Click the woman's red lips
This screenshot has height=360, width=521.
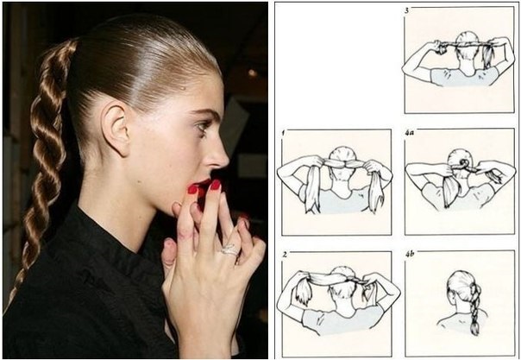tap(204, 183)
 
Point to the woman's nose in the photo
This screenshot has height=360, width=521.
tap(219, 155)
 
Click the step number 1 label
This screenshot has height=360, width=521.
tap(282, 131)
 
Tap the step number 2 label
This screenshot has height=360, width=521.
tap(282, 255)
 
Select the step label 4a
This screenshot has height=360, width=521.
tap(410, 131)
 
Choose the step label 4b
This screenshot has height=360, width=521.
tap(411, 255)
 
